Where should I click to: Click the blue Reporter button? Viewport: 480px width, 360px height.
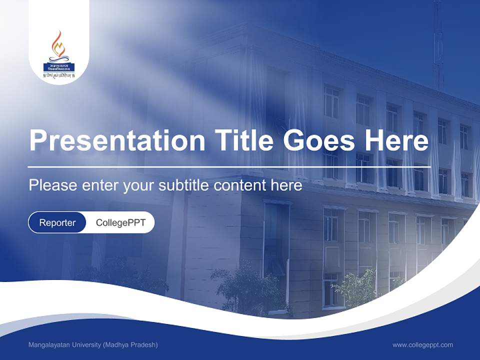tap(57, 222)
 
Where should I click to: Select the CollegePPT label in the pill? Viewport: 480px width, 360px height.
tap(120, 222)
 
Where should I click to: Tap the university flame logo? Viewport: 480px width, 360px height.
tap(58, 45)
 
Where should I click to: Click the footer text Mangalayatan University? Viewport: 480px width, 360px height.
tap(64, 345)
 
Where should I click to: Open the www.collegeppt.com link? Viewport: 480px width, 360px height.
tap(422, 345)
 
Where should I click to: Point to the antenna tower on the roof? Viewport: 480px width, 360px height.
tap(438, 45)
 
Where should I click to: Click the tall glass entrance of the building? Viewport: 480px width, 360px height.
tap(276, 250)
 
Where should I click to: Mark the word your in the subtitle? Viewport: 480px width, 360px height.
tap(140, 186)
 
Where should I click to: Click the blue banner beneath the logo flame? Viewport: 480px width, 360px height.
tap(58, 65)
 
